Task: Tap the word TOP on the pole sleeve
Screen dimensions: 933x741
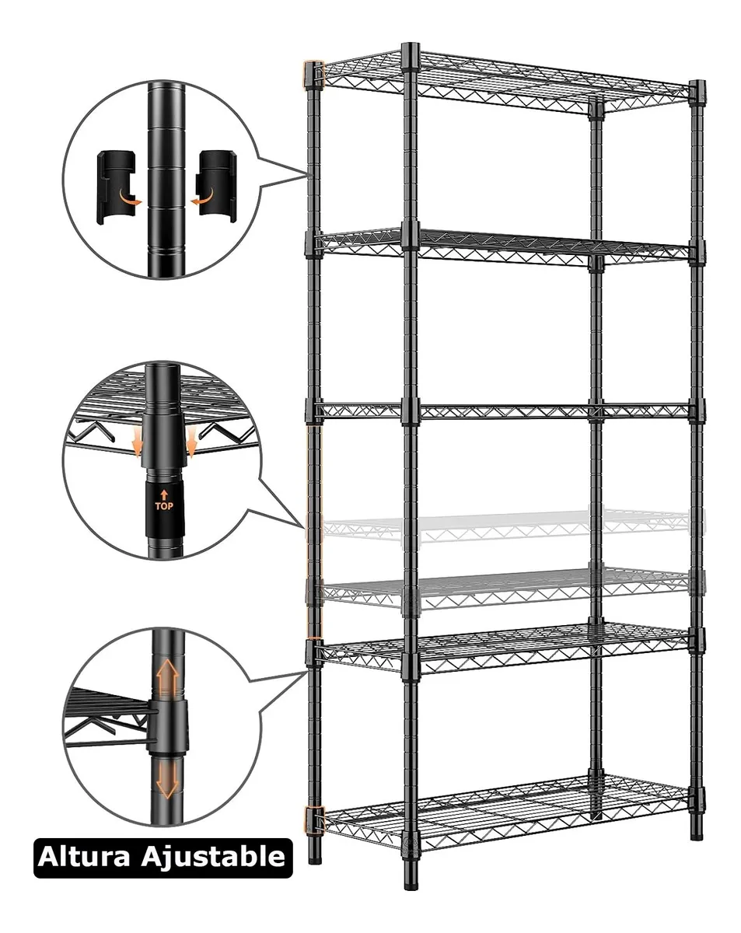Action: tap(163, 505)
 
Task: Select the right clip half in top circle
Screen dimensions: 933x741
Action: tap(212, 187)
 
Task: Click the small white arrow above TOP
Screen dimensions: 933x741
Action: tap(163, 492)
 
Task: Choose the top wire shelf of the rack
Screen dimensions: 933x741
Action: tap(505, 78)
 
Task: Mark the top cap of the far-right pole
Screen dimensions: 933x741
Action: tap(696, 84)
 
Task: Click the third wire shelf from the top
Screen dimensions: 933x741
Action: tap(505, 410)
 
